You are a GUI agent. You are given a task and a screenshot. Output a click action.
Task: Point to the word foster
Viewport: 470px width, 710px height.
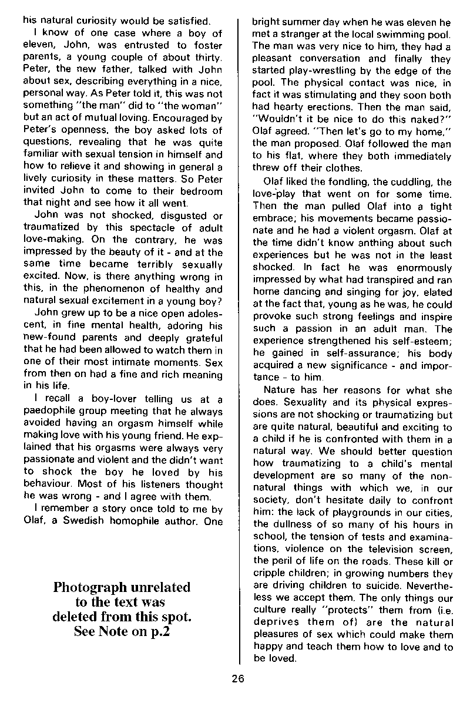(207, 46)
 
